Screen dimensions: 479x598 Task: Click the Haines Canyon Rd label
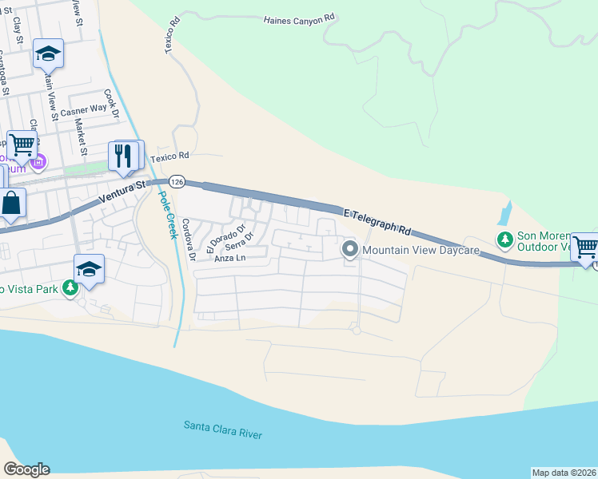(x=298, y=19)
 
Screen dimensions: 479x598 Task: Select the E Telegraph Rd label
(x=376, y=221)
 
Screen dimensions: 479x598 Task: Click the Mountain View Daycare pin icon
(x=350, y=250)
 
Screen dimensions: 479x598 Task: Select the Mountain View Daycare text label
(x=420, y=250)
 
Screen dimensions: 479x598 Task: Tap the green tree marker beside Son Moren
(x=504, y=239)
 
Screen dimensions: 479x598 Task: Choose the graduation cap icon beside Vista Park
(x=89, y=269)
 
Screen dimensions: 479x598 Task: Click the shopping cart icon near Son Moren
(x=585, y=247)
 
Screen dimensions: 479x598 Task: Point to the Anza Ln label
(x=229, y=258)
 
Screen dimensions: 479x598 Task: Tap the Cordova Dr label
(x=189, y=240)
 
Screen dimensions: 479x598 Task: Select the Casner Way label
(x=83, y=109)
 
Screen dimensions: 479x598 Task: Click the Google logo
(x=26, y=469)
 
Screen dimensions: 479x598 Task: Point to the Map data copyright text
(x=564, y=473)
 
